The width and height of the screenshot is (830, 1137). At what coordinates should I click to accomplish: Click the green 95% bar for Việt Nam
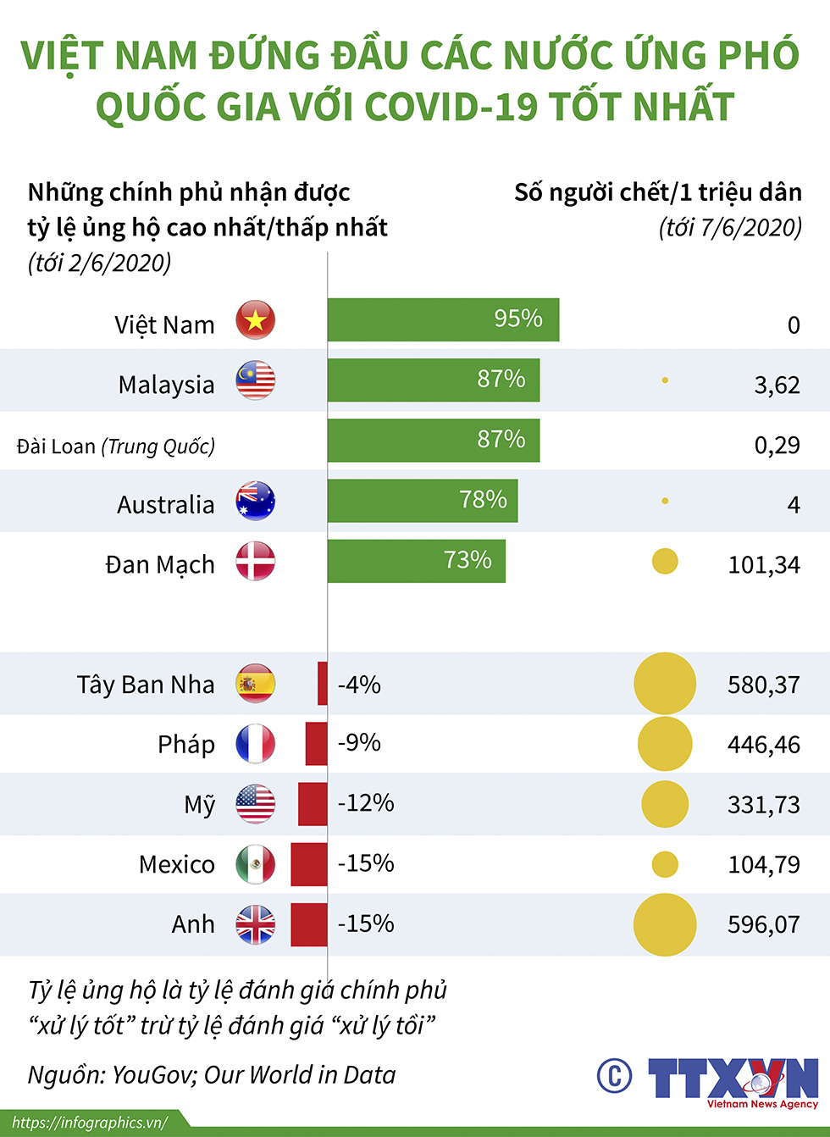click(x=443, y=319)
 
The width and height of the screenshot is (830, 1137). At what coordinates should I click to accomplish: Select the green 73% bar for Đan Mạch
click(x=416, y=561)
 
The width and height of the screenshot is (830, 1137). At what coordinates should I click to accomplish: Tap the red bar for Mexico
click(x=309, y=864)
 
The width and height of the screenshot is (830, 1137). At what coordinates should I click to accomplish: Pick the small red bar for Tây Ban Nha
click(x=323, y=684)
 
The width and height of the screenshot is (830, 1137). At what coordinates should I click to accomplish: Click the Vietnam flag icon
click(x=255, y=320)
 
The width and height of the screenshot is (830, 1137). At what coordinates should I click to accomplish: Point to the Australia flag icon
click(x=255, y=501)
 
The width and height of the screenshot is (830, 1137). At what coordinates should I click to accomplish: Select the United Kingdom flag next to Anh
click(x=255, y=924)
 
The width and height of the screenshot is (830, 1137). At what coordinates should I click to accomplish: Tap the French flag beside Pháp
click(x=255, y=744)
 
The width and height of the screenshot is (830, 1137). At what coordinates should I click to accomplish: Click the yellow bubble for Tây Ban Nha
click(x=665, y=683)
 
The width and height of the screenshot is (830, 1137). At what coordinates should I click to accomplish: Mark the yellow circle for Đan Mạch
click(x=665, y=561)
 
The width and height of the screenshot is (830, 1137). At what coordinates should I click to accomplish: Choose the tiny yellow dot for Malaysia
click(x=665, y=380)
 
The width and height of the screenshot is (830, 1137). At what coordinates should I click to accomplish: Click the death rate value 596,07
click(x=763, y=924)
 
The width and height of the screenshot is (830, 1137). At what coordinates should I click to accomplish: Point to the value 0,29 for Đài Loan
click(x=777, y=445)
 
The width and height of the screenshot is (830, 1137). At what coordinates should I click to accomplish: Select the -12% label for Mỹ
click(x=366, y=803)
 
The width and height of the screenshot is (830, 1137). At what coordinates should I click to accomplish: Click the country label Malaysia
click(x=166, y=385)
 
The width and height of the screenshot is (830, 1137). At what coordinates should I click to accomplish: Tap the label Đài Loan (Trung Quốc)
click(x=116, y=446)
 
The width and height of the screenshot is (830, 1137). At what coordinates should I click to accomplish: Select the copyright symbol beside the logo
click(x=614, y=1076)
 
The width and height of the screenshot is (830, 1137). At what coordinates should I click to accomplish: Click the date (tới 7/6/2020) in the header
click(x=730, y=227)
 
